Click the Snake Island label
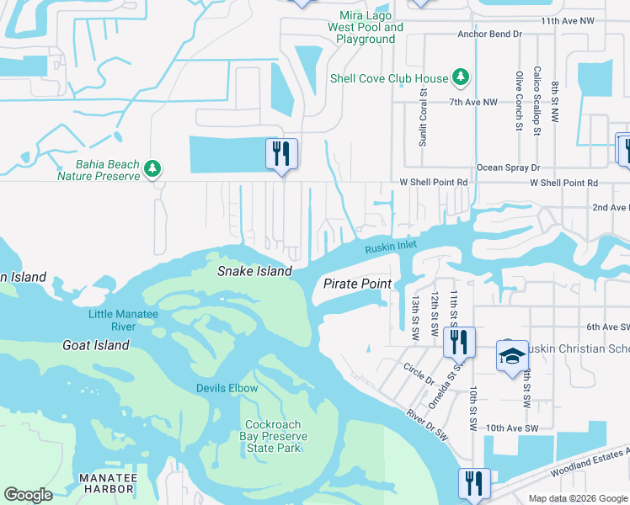(x=254, y=271)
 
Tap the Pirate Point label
(x=357, y=284)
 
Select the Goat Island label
(x=96, y=345)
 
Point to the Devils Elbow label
(x=227, y=388)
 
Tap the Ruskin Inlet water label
(x=392, y=246)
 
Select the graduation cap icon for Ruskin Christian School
(x=511, y=356)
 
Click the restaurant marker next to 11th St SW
(x=459, y=341)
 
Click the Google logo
(x=29, y=495)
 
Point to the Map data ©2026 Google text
(x=577, y=498)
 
